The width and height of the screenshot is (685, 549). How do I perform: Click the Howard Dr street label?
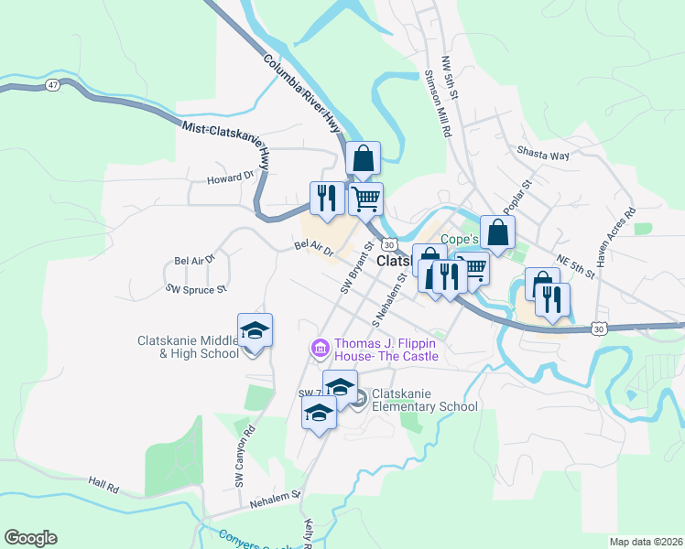(x=229, y=178)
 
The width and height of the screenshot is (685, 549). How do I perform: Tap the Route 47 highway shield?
(x=52, y=85)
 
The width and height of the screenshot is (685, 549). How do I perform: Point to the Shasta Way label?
(x=543, y=156)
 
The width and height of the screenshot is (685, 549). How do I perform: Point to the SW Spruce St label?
(x=195, y=289)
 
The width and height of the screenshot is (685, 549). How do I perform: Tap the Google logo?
(x=30, y=538)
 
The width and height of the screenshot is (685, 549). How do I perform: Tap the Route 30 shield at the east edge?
(x=599, y=328)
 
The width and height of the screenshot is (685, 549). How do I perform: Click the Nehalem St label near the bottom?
(x=276, y=500)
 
